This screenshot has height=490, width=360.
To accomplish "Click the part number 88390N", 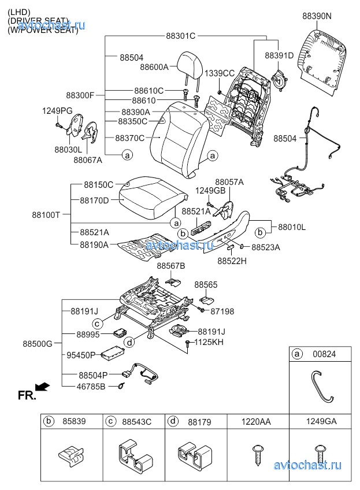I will pyautogui.click(x=317, y=16).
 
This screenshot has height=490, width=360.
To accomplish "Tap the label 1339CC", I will pyautogui.click(x=220, y=73).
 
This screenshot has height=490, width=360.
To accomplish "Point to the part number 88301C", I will pyautogui.click(x=181, y=36).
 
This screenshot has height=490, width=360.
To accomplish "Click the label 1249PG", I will pyautogui.click(x=57, y=110).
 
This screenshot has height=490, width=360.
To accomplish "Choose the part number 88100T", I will pyautogui.click(x=46, y=214).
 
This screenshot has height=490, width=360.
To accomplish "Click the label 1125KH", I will pyautogui.click(x=209, y=342).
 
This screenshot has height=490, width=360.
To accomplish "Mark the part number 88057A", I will pyautogui.click(x=229, y=181).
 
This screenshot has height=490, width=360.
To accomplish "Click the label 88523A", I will pyautogui.click(x=266, y=247).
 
